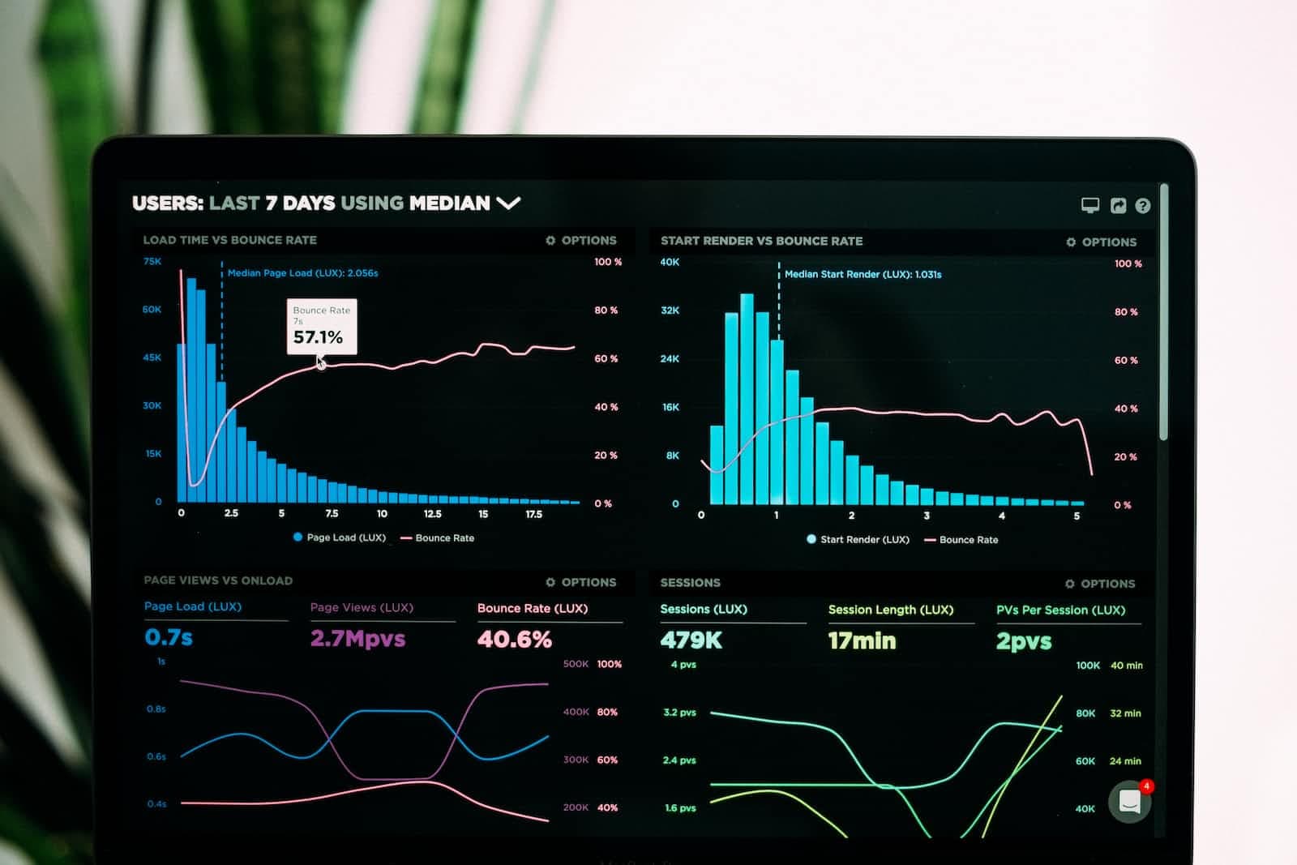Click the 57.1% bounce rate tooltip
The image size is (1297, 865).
point(321,327)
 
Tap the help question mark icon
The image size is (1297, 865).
point(1143,206)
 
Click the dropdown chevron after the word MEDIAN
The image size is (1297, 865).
point(508,203)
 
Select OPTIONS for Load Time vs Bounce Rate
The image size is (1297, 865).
point(581,241)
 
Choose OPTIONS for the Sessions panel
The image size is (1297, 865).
point(1100,584)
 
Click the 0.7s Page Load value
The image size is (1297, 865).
point(169,638)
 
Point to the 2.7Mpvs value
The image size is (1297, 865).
point(357,639)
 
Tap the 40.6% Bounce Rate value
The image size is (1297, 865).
point(514,640)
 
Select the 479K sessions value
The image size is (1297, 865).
point(691,640)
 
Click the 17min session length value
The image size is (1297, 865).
point(862,641)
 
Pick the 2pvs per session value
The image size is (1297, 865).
point(1024,642)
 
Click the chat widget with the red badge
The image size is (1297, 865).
point(1130,802)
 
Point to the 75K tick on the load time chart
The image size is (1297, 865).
point(152,262)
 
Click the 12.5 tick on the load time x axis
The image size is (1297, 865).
point(432,514)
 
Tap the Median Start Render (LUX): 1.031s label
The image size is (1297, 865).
point(863,275)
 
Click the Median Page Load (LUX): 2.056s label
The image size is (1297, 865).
point(302,273)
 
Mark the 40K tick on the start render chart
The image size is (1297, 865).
point(670,263)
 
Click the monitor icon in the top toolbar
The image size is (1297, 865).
point(1090,205)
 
